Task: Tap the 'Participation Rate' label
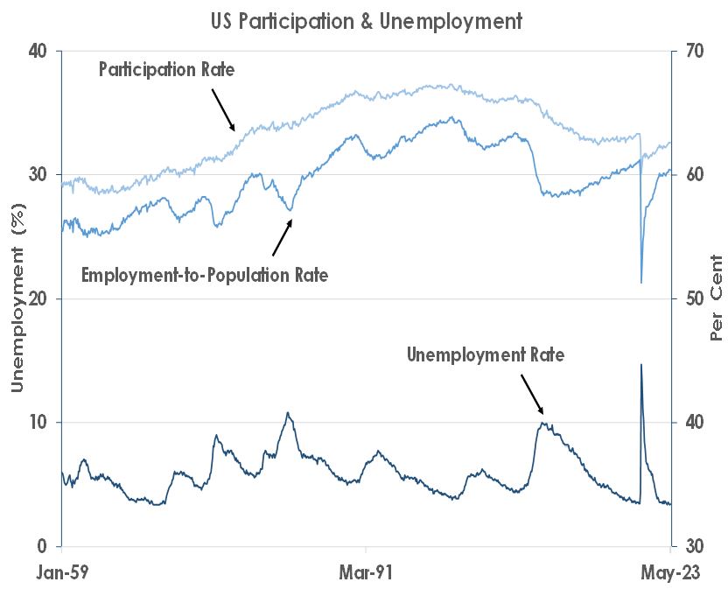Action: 166,68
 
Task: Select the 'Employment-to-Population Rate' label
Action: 205,275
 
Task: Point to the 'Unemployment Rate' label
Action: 486,355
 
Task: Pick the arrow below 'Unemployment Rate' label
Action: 532,395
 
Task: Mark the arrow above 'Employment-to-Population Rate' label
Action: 282,237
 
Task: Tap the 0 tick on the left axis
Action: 42,547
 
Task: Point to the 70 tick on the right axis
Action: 693,51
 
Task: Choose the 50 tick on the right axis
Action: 693,298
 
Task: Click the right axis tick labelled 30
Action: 693,547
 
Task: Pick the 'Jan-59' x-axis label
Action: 62,575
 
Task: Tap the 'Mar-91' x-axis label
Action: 366,575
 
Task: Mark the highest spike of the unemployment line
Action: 641,365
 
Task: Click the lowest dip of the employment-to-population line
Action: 641,282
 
